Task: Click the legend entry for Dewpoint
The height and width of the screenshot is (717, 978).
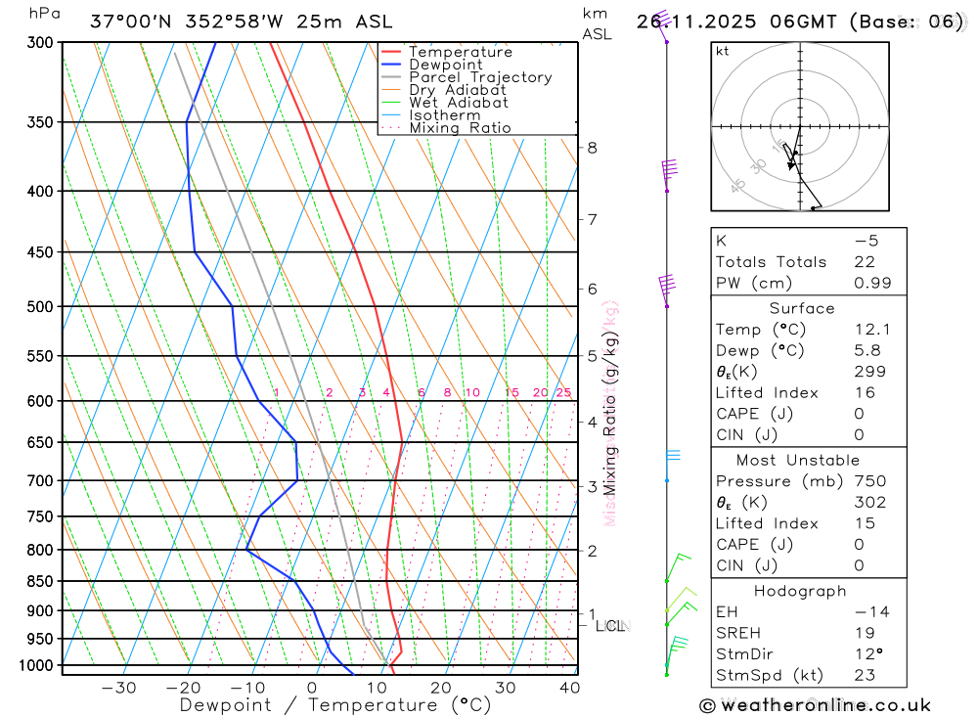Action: (445, 66)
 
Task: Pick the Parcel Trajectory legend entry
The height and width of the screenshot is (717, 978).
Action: (480, 77)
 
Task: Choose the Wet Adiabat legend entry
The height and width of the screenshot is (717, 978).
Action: (459, 103)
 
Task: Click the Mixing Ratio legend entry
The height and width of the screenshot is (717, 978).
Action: (460, 128)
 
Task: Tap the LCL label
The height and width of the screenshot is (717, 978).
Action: (610, 625)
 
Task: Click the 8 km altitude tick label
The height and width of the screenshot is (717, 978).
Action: (592, 148)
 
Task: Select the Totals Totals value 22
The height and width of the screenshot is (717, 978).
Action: (864, 262)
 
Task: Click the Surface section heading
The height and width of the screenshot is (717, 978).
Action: (802, 308)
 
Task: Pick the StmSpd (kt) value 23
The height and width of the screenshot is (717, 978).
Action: (865, 675)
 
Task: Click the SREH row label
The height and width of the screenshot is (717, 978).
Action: (738, 633)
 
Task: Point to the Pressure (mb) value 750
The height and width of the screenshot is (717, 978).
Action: (869, 481)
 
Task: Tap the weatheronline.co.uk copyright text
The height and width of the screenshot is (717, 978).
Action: (816, 705)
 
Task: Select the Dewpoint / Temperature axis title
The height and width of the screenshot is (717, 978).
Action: (335, 705)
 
